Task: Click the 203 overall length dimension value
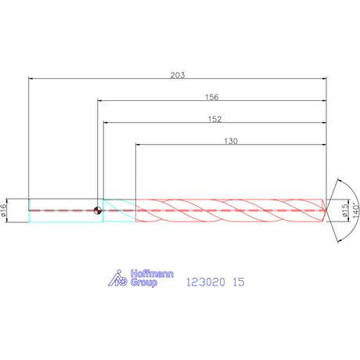coord(178,75)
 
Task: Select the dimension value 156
coord(212,97)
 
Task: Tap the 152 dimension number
coord(214,119)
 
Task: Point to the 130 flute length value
coord(231,141)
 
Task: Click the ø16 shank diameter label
coord(3,211)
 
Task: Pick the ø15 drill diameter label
coord(345,211)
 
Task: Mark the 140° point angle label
coord(355,211)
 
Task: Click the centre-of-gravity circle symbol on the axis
coord(98,211)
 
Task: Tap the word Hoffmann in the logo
coord(152,274)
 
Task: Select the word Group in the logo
coord(144,283)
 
